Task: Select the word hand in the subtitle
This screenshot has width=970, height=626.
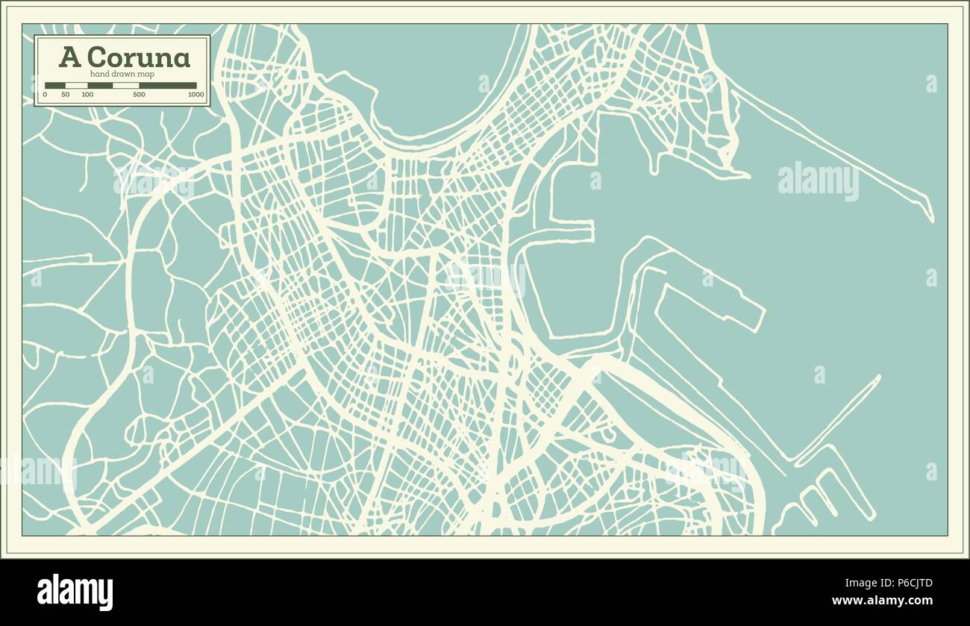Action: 100,73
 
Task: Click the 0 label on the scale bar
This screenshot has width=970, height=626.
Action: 45,95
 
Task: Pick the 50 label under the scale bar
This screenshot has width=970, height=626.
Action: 66,95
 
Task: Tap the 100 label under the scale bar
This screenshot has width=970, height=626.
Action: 87,95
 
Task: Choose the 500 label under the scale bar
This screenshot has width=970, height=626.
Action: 139,95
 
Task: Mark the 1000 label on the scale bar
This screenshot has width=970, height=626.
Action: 196,95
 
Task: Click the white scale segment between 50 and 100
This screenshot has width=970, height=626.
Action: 76,85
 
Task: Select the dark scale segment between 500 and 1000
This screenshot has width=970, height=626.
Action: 168,85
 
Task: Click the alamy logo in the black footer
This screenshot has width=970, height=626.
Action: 75,592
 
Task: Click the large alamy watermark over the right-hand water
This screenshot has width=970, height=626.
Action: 818,180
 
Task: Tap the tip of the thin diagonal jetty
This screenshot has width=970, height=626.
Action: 877,378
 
